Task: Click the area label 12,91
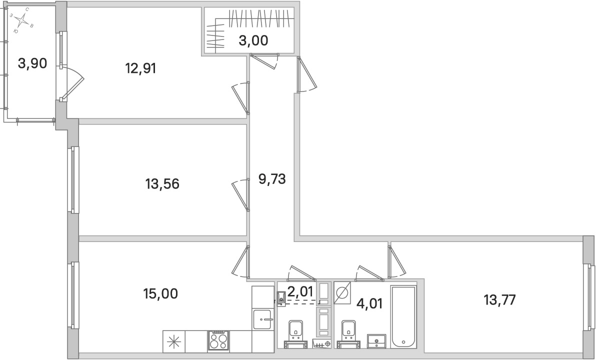tap(140, 67)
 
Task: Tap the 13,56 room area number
tap(162, 184)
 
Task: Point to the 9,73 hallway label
tap(271, 178)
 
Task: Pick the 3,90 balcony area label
tap(32, 63)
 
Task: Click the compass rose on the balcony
tap(21, 20)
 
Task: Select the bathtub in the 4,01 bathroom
tap(403, 316)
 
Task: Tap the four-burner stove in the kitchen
tap(218, 341)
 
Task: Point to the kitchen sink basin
tap(262, 319)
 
